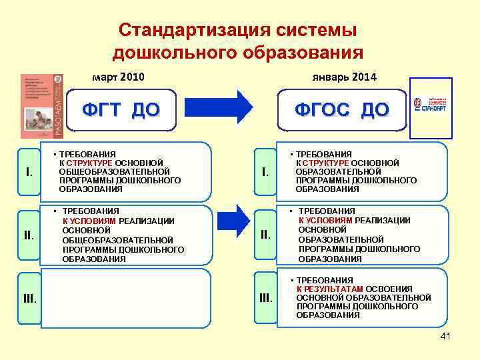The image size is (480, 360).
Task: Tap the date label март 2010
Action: (x=118, y=77)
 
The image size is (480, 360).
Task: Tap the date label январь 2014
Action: (x=345, y=77)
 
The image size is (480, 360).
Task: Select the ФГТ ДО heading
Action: (x=121, y=109)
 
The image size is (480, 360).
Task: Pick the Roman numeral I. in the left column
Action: (x=29, y=173)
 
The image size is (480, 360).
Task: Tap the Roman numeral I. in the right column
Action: (x=265, y=173)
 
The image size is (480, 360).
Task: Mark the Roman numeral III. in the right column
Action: (x=265, y=297)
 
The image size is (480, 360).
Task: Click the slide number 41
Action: (x=445, y=337)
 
